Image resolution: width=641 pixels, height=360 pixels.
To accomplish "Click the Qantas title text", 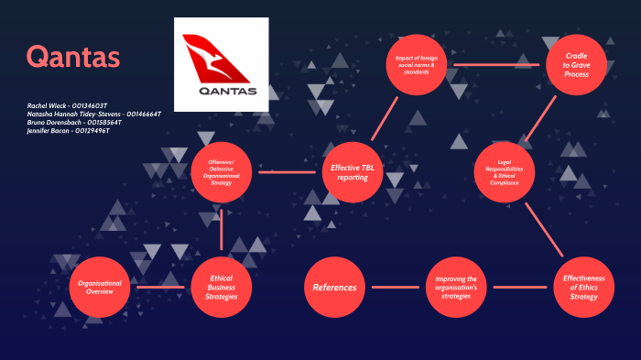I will pyautogui.click(x=72, y=57).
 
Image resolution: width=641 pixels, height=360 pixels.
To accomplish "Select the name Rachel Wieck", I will pyautogui.click(x=49, y=106).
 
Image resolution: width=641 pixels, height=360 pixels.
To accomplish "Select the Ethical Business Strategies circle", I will pyautogui.click(x=223, y=287).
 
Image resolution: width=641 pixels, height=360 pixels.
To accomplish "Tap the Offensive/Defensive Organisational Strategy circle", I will pyautogui.click(x=223, y=170).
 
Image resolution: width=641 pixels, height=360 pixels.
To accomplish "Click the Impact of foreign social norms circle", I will pyautogui.click(x=418, y=64).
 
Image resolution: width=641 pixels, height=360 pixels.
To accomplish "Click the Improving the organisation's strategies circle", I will pyautogui.click(x=456, y=287).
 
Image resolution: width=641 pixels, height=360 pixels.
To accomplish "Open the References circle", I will pyautogui.click(x=335, y=287).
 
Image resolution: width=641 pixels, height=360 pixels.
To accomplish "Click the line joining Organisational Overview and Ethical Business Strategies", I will pyautogui.click(x=161, y=288).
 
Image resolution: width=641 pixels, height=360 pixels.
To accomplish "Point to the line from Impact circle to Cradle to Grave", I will pyautogui.click(x=498, y=65).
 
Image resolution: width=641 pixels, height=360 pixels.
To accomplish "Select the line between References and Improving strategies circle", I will pyautogui.click(x=396, y=288).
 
